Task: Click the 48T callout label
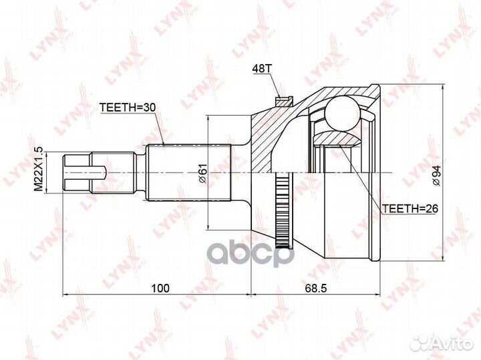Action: pos(262,69)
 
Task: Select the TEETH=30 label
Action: pos(128,108)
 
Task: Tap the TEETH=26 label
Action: pos(410,208)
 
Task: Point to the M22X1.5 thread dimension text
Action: pos(39,170)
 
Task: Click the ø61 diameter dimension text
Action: pos(203,173)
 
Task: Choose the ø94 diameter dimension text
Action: pos(436,175)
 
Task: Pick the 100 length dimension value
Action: pos(160,289)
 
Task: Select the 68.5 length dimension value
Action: pos(315,289)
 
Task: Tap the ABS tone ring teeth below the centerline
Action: pos(282,210)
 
